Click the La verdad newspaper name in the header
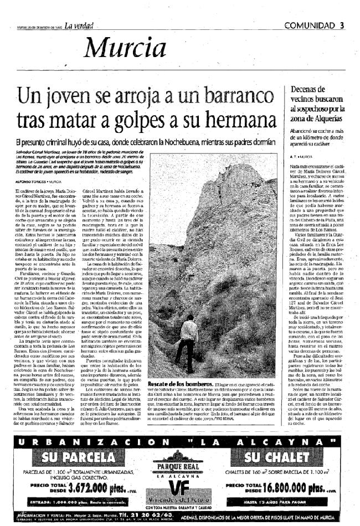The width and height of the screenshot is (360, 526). click(x=79, y=25)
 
